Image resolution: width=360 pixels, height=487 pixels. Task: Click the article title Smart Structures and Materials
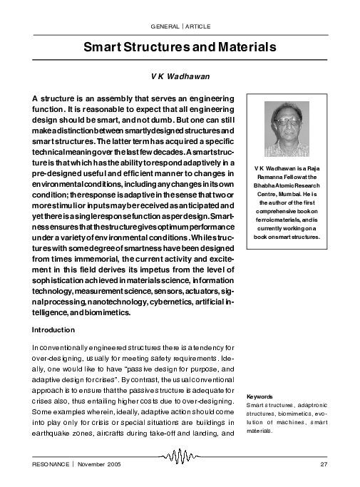(x=180, y=48)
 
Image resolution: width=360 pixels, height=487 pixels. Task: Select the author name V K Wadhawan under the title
(x=180, y=74)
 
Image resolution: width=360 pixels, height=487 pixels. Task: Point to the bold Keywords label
(x=259, y=396)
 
